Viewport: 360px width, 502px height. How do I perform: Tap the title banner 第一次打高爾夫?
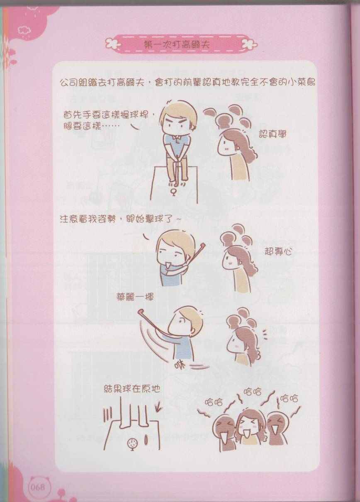tap(178, 44)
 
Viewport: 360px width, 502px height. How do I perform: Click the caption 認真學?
tap(272, 134)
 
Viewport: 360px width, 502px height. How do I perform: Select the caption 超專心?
tap(278, 252)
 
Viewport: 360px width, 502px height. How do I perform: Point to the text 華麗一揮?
tap(135, 297)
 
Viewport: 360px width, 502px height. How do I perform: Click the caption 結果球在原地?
tap(132, 389)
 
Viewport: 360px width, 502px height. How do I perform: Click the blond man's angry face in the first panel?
tap(177, 125)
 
